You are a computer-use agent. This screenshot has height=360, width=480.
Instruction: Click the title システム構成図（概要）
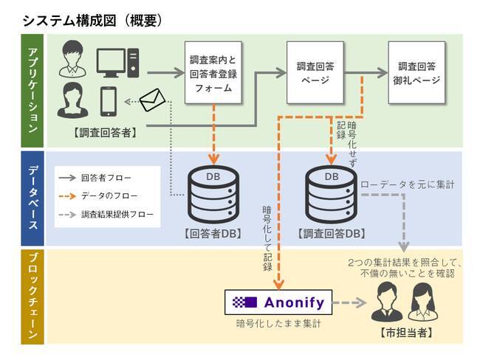click(92, 20)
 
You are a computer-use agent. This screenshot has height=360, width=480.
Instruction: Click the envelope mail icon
click(153, 99)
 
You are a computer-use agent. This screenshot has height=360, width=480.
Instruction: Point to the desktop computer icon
click(117, 60)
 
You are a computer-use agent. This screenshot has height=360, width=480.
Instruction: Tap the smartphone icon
click(109, 100)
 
